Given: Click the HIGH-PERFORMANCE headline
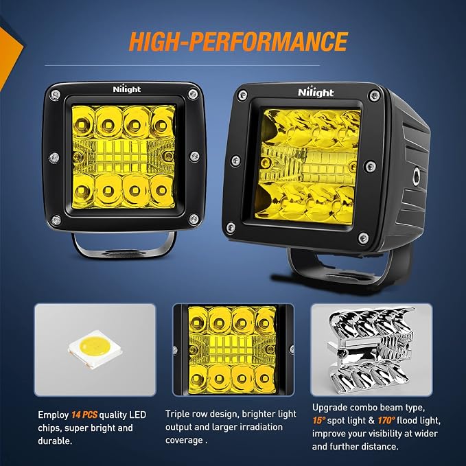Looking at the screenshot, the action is coord(238,41).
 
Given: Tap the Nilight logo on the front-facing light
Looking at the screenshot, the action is coord(127,89).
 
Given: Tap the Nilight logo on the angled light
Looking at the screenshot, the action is coord(316,93).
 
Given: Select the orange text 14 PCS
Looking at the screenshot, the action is coord(84,415).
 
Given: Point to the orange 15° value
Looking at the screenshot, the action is coord(319,421).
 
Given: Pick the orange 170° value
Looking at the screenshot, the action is coord(386,421).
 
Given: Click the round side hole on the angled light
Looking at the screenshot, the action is coord(417,176).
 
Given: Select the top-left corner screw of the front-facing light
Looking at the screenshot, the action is coord(55,95).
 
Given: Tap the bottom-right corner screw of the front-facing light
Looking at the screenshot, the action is coord(194,219).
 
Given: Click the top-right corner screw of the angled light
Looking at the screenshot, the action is coord(374,95).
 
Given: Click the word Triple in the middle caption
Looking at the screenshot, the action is coord(178,414).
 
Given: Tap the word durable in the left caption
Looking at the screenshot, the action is coord(55,441).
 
